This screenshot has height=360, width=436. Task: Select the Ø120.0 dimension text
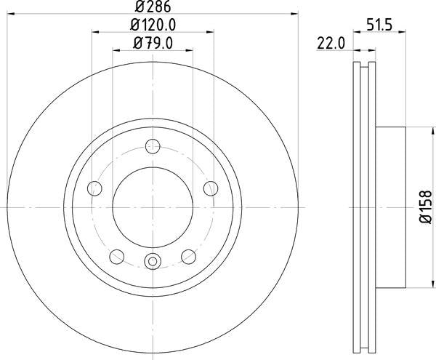coord(153,25)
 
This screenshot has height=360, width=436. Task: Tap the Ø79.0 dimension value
coord(153,43)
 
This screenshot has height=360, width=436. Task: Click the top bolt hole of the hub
coord(153,145)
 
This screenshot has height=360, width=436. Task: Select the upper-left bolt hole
coord(94,189)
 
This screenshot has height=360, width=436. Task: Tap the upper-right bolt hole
coord(211,189)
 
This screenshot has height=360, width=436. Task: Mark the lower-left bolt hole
coord(116,256)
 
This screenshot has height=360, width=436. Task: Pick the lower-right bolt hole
coord(189,256)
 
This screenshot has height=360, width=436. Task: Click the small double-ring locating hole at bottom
coord(153,263)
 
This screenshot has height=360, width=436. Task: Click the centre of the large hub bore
coord(153,208)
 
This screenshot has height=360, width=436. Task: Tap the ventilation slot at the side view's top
coord(363,73)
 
